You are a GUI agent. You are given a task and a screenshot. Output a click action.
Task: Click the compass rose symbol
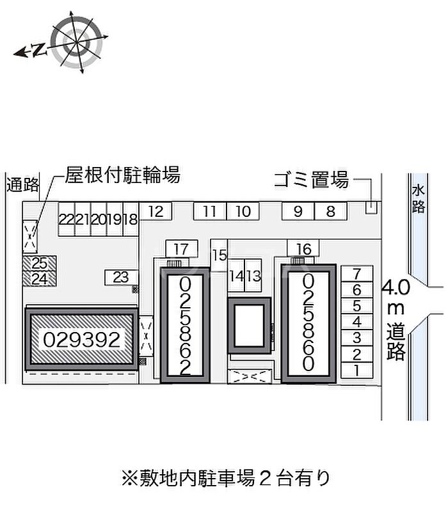coord(77,42)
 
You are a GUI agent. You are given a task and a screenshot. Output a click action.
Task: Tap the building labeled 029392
coord(82,340)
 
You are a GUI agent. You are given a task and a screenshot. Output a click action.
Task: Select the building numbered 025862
coord(185,326)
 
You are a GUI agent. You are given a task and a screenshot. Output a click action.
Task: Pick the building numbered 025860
coord(308,324)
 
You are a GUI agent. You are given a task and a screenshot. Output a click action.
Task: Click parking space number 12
coord(156,211)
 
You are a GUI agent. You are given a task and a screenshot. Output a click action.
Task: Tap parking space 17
coord(182,249)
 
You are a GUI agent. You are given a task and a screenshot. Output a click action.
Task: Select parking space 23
coord(121,278)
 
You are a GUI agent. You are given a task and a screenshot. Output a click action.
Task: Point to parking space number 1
coord(357,371)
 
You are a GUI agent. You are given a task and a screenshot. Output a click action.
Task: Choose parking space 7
coord(357,274)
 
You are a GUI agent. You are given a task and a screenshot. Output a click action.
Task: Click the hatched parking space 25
coord(39,264)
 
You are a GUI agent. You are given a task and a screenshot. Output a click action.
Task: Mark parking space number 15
coord(219,255)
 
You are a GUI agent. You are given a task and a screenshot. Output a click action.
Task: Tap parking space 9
coord(298,211)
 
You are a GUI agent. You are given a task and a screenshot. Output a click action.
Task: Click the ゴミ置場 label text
coord(312,180)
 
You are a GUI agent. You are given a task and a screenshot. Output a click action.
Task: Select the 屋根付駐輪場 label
coord(123,175)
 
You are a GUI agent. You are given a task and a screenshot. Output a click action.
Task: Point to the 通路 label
coord(23,184)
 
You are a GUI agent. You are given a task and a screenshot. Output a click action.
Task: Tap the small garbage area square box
coord(371,208)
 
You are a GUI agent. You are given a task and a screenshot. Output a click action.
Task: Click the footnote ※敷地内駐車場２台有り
coord(226,478)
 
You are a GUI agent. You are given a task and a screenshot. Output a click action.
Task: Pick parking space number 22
coord(67,219)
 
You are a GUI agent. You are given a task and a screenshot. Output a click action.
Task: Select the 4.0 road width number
coord(396,287)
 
